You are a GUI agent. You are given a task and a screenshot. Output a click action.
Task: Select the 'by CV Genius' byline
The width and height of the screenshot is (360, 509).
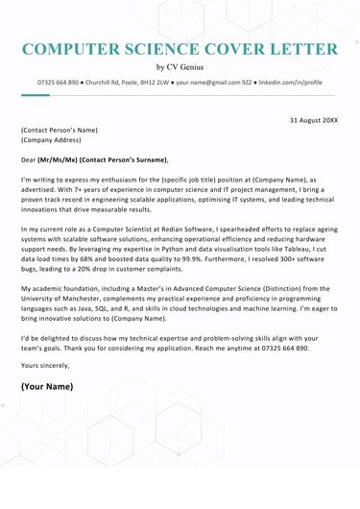click(180, 68)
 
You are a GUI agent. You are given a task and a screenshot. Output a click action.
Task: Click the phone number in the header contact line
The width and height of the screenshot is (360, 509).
click(60, 84)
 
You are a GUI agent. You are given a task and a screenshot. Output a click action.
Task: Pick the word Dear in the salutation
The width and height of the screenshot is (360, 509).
click(31, 158)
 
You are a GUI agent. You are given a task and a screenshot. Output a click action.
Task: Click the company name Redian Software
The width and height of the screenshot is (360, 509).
click(191, 230)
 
